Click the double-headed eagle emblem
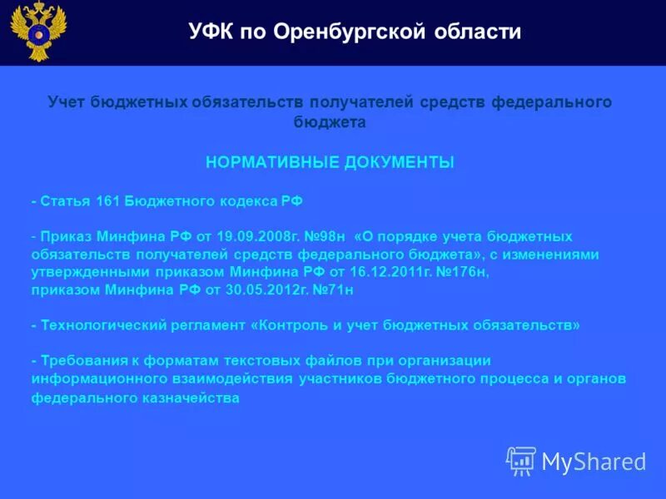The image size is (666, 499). coord(38,32)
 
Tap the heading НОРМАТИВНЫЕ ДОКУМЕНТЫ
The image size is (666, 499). coord(330,163)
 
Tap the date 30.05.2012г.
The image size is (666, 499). coord(251,289)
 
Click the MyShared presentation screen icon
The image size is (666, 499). coord(521,461)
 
